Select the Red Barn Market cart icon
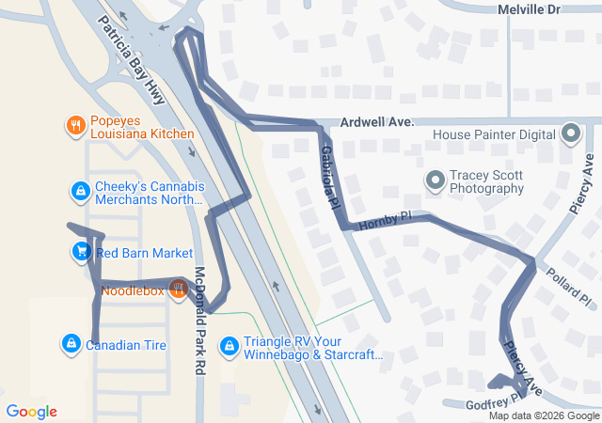coord(81,252)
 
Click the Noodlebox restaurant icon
coord(176,290)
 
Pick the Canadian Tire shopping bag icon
coord(71,344)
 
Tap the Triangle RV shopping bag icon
coord(228,347)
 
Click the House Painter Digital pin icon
coord(570,134)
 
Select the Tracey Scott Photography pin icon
coord(435,180)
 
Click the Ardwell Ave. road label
coord(377,122)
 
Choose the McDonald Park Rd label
coord(199,309)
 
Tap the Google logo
coord(32,412)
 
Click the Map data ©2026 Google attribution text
coord(544,415)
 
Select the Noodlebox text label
coord(133,291)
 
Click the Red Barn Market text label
coord(144,253)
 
